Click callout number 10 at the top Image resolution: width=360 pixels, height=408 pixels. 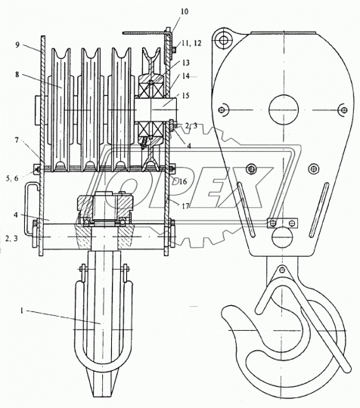click(x=185, y=11)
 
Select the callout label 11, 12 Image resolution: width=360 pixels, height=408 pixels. click(x=191, y=43)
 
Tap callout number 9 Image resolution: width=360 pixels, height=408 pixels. click(x=17, y=45)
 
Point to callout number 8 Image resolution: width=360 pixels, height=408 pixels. click(x=17, y=74)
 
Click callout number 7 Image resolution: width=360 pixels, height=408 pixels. click(x=17, y=141)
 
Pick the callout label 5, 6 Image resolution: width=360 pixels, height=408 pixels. click(x=12, y=178)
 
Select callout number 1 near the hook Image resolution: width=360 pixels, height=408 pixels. click(x=23, y=311)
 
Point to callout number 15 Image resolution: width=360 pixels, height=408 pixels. click(x=186, y=95)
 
